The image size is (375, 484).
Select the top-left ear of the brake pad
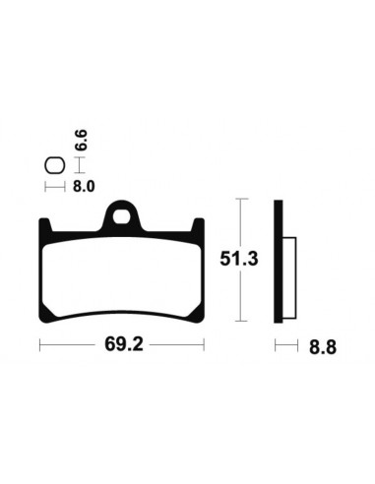[44, 225]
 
